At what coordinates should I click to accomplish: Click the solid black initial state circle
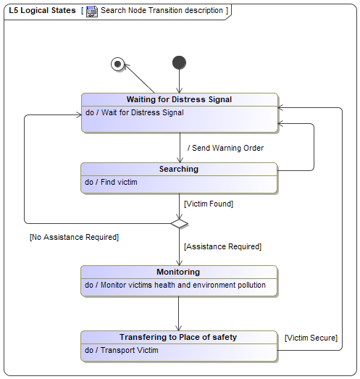pos(179,62)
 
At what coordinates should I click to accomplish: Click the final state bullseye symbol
pos(117,64)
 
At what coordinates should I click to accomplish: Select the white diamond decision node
pos(179,224)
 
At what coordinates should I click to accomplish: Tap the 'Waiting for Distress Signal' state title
pos(179,99)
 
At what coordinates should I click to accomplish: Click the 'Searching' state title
pos(179,169)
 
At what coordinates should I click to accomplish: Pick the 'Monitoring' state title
pos(178,272)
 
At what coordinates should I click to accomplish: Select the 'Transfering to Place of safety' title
pos(178,337)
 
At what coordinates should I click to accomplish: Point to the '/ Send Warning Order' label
pos(226,148)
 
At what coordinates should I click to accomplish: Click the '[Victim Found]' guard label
pos(209,204)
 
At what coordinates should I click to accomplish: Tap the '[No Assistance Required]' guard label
pos(74,237)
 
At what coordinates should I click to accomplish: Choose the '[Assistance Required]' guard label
pos(223,246)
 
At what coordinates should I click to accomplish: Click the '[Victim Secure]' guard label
pos(311,338)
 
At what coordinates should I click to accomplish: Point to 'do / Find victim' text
pos(111,182)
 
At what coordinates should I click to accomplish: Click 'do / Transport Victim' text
pos(122,350)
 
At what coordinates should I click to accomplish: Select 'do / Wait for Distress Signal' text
pos(135,112)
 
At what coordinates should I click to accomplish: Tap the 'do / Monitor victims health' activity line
pos(175,285)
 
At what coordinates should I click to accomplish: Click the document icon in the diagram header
pos(92,11)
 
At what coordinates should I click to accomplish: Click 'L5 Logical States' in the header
pos(42,10)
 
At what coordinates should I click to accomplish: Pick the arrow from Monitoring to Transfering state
pos(178,314)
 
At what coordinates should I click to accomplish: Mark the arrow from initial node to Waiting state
pos(179,81)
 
